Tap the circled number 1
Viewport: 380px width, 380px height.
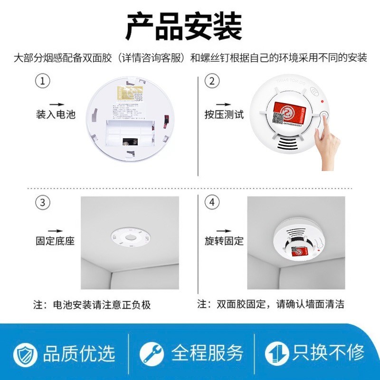pyautogui.click(x=43, y=81)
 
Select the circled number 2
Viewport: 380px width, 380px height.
pyautogui.click(x=212, y=81)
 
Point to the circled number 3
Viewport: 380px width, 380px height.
pyautogui.click(x=43, y=203)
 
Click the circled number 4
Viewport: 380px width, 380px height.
pyautogui.click(x=212, y=203)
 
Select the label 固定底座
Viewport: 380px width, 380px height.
pyautogui.click(x=56, y=241)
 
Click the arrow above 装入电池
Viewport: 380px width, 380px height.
pyautogui.click(x=57, y=104)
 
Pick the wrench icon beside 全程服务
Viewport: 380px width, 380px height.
pyautogui.click(x=152, y=353)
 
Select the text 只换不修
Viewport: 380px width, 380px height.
pyautogui.click(x=329, y=352)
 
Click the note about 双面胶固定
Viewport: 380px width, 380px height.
pyautogui.click(x=271, y=304)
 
